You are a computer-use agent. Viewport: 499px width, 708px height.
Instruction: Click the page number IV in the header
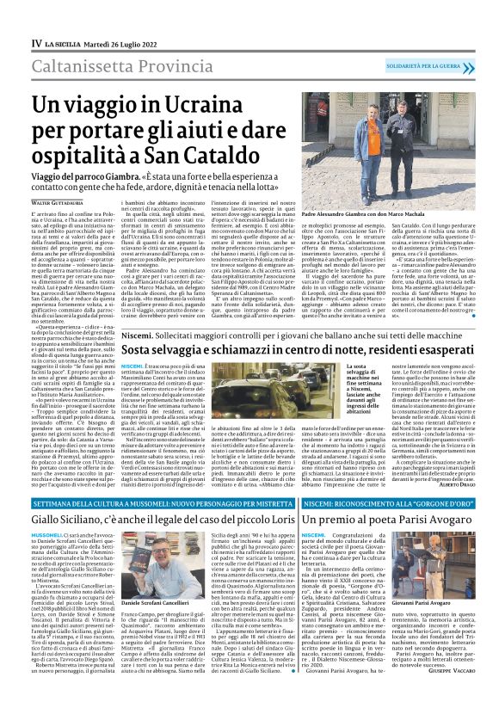(x=36, y=18)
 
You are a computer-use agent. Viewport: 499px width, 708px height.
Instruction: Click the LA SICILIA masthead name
(x=64, y=18)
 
